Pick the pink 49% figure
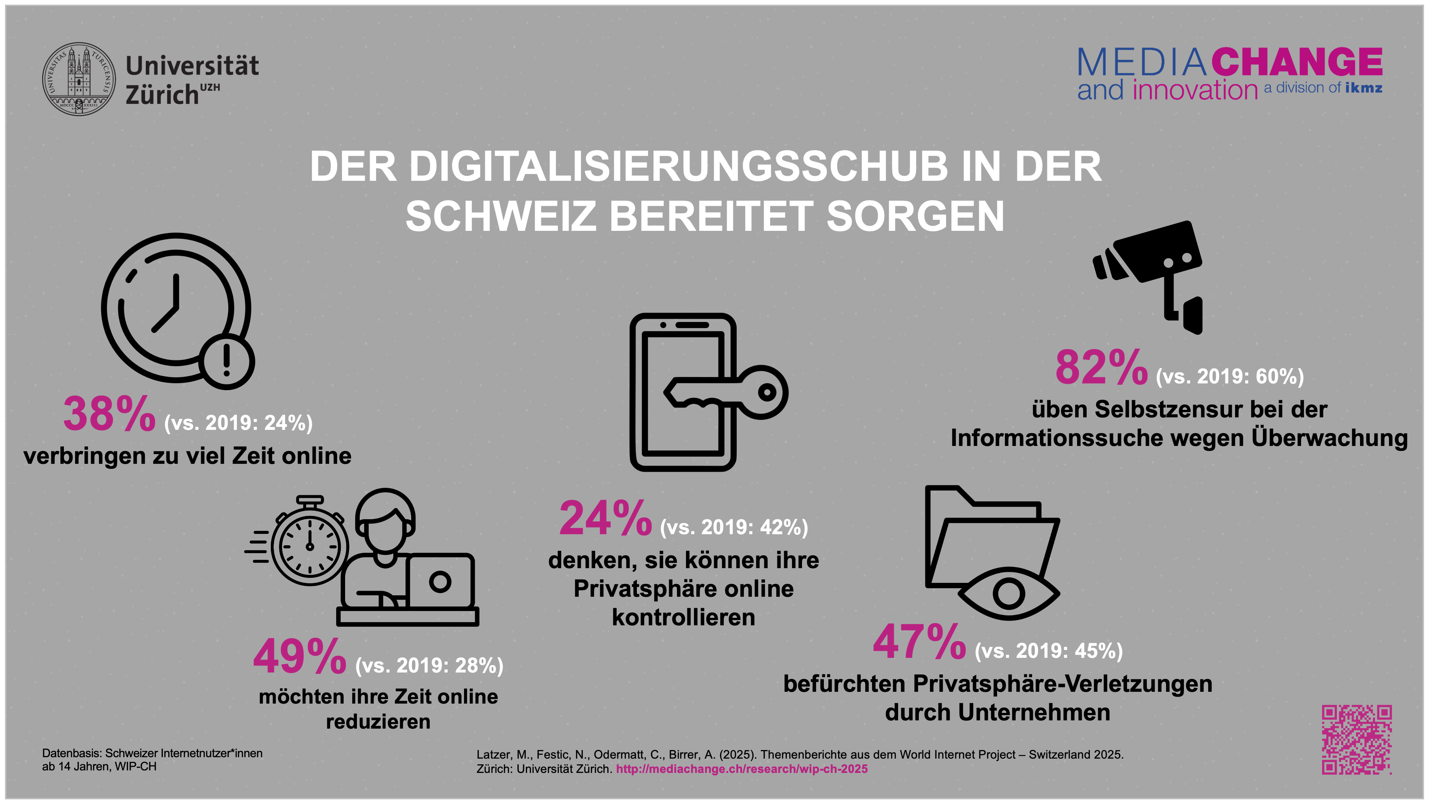300,656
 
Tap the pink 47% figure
919,642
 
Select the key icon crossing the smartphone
727,393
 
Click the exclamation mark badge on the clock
226,361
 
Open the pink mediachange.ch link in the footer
742,769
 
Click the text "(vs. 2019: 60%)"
1229,377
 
